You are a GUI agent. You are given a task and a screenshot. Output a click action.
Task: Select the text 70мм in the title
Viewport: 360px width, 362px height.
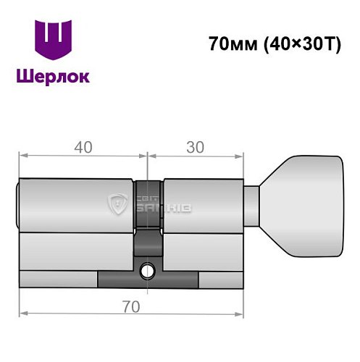click(229, 44)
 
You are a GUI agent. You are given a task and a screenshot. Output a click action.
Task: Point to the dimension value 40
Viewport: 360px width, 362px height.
click(83, 147)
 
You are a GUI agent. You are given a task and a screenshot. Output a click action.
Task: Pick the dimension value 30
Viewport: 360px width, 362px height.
click(193, 147)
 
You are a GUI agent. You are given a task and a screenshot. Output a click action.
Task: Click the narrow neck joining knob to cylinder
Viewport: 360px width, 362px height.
click(253, 204)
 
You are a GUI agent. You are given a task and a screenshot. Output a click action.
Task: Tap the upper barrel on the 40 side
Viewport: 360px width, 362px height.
click(76, 206)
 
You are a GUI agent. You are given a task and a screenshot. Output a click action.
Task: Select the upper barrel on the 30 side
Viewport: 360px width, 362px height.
click(202, 206)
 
